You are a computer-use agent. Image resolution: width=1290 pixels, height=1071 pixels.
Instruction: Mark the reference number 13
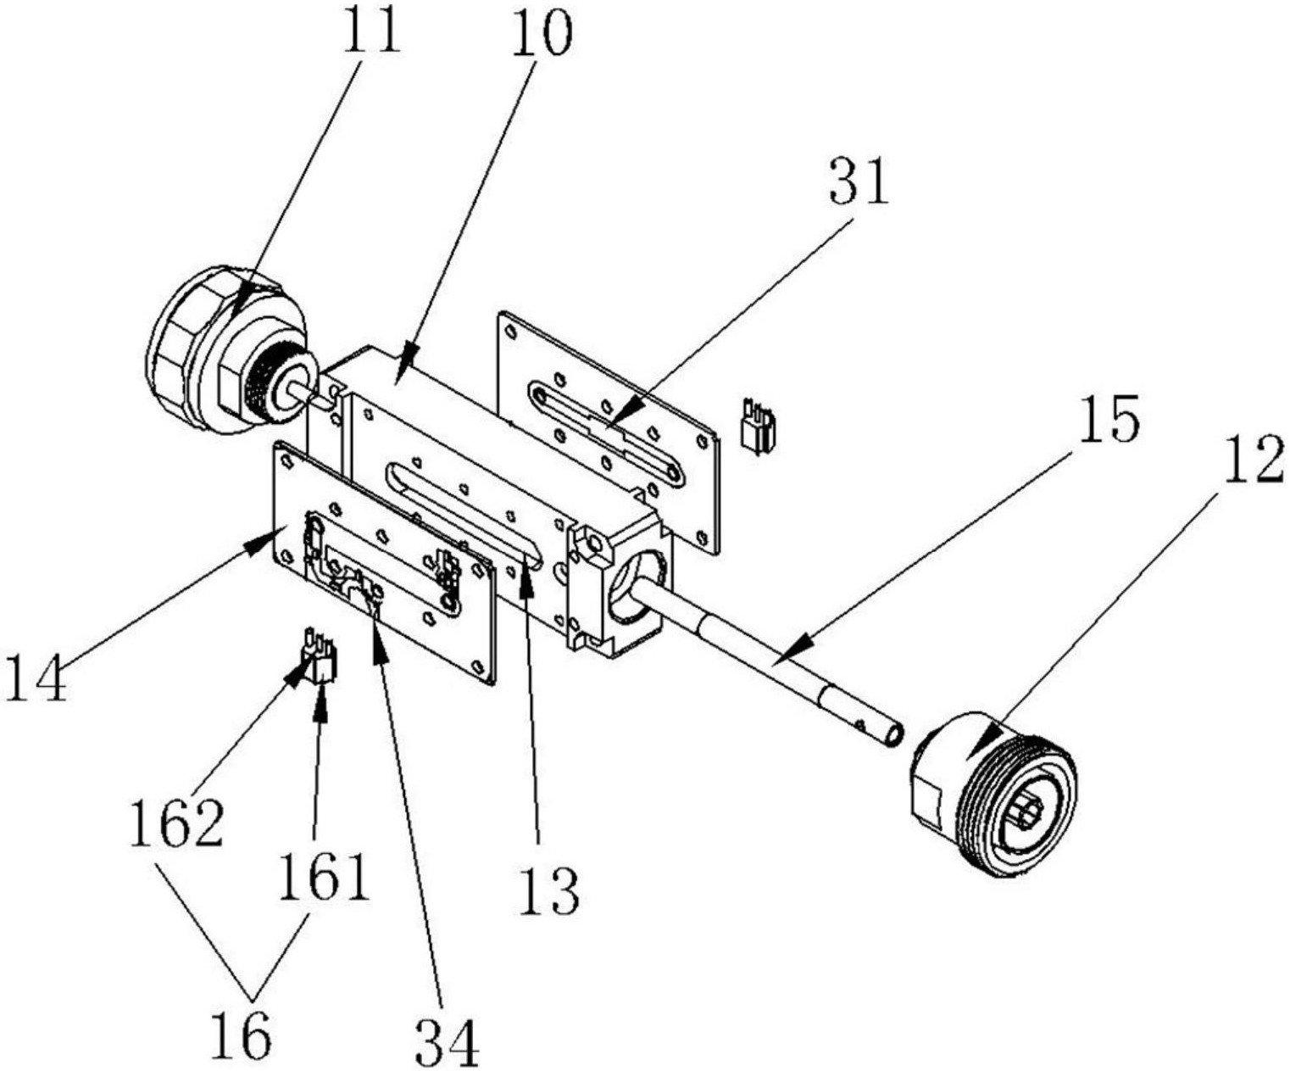[548, 890]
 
